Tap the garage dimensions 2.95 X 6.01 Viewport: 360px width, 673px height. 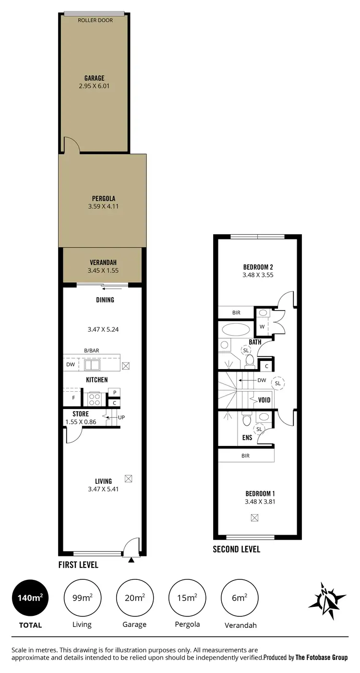(x=95, y=86)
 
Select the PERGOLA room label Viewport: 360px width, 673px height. (x=104, y=198)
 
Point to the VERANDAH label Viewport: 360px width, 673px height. (x=103, y=263)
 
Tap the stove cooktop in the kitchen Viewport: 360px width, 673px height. (x=94, y=399)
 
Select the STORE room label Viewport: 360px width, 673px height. (x=81, y=414)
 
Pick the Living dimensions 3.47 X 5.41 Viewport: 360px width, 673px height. (x=103, y=490)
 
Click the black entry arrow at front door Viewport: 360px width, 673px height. (x=131, y=559)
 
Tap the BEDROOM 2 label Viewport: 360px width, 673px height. (x=258, y=267)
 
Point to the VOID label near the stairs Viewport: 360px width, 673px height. (x=264, y=400)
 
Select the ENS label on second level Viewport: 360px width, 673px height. (x=247, y=437)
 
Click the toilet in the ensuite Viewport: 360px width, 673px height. (x=246, y=420)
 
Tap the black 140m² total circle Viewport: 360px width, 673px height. (x=30, y=598)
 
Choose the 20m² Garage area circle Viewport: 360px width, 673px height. (x=134, y=598)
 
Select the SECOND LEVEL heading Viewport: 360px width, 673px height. (x=237, y=549)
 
